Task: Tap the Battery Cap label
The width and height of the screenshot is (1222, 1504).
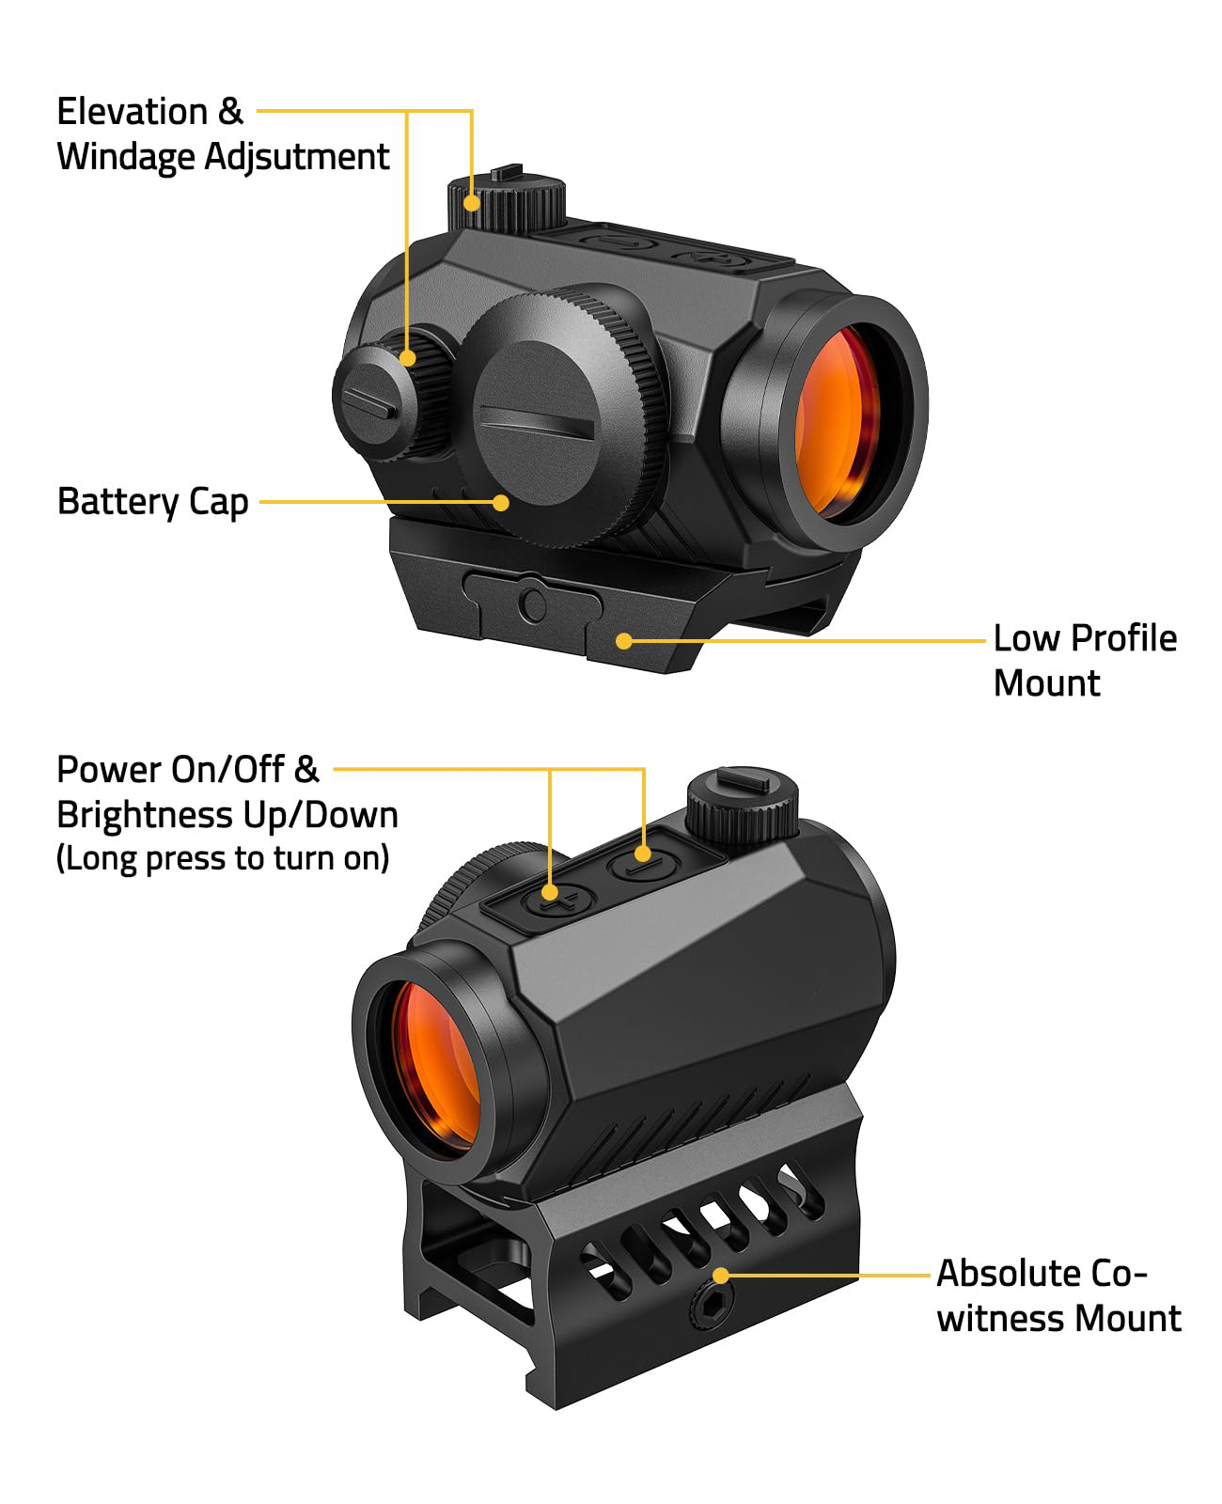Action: tap(152, 502)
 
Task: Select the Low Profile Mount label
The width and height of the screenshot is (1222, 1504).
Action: tap(1084, 661)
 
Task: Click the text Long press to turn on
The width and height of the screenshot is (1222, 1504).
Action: tap(223, 858)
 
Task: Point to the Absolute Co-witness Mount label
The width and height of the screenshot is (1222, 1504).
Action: tap(1058, 1296)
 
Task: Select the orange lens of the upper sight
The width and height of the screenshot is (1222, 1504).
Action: tap(837, 418)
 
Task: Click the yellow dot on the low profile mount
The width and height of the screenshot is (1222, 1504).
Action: tap(623, 641)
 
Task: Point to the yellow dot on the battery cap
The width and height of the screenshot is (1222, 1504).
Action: tap(501, 502)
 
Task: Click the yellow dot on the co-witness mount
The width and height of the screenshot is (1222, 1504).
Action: tap(721, 1276)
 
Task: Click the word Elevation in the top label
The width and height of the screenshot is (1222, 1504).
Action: tap(132, 112)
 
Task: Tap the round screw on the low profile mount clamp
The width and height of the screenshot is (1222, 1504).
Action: tap(532, 603)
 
